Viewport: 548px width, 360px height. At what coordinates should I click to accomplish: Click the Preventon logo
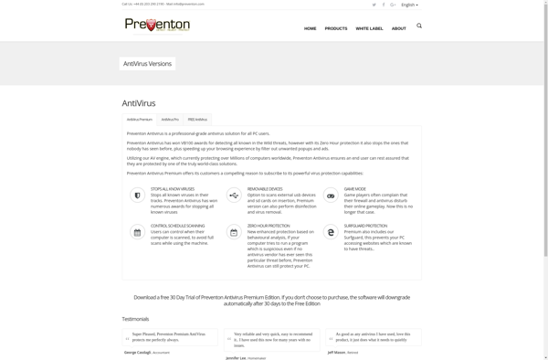157,25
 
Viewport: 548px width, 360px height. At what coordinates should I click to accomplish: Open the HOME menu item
311,28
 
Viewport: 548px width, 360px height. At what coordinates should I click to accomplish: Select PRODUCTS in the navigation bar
336,28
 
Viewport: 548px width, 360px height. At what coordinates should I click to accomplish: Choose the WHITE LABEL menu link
370,28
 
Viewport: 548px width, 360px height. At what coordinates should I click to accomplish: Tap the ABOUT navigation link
399,28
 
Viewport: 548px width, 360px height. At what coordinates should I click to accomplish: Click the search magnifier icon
419,26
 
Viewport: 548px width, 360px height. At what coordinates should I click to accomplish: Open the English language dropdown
409,5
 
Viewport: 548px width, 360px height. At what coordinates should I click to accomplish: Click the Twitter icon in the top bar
374,5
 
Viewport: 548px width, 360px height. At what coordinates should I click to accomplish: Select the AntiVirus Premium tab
140,120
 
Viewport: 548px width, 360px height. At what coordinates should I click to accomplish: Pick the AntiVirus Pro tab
170,120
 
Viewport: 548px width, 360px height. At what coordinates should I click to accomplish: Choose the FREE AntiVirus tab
198,120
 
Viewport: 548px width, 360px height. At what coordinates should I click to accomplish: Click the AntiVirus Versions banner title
147,64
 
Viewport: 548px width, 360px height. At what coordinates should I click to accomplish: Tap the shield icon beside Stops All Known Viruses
137,196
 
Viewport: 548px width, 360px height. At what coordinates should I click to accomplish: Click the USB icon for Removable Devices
234,196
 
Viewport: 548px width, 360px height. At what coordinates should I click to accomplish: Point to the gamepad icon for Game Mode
331,196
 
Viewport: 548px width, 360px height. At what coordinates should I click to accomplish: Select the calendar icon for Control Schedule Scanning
137,232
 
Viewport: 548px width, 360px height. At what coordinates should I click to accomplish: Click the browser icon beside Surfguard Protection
331,232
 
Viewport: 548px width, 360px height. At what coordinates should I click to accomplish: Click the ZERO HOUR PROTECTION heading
269,226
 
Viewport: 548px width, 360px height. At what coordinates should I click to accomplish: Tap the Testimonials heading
135,319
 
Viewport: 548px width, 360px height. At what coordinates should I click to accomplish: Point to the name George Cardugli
139,352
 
